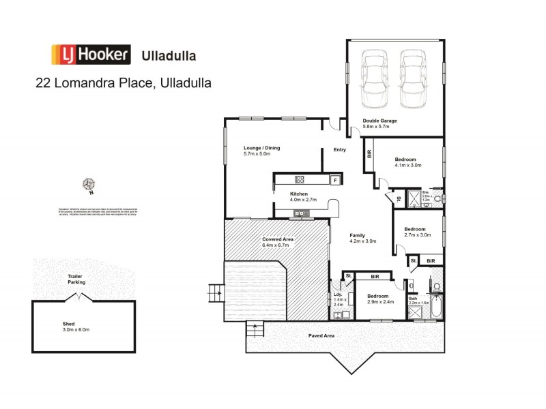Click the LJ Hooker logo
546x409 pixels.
[x=91, y=55]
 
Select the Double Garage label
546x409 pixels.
[x=379, y=121]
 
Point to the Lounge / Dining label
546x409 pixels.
[x=261, y=148]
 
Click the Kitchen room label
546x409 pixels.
[x=281, y=194]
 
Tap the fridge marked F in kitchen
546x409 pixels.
[x=334, y=180]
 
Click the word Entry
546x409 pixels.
[x=339, y=150]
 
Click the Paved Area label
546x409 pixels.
[x=320, y=335]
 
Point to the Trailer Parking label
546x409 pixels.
[x=75, y=279]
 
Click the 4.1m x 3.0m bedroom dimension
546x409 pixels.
[x=408, y=165]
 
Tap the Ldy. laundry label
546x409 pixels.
[x=338, y=294]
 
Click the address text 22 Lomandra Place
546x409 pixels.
[x=123, y=83]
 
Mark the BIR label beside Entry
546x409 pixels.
[x=369, y=153]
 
